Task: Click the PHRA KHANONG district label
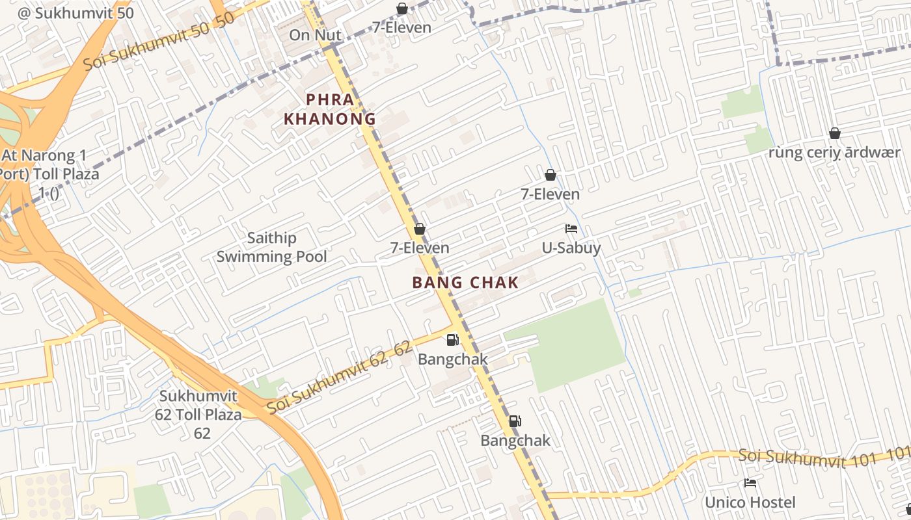click(x=330, y=109)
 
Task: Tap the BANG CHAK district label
click(x=465, y=283)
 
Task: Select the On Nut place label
click(x=315, y=35)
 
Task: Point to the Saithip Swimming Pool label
click(x=271, y=247)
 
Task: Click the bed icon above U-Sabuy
click(x=571, y=229)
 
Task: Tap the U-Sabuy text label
click(x=571, y=248)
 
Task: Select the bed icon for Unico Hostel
click(x=750, y=483)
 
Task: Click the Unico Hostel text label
click(x=750, y=502)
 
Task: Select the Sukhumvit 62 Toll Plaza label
click(x=200, y=414)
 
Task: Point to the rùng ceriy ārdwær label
click(x=834, y=153)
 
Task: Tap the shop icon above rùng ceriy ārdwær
click(x=834, y=134)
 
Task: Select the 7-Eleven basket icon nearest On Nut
click(x=402, y=9)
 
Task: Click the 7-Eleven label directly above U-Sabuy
click(x=550, y=194)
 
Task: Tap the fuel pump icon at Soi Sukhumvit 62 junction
click(x=452, y=340)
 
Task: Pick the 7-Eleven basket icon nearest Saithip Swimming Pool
click(x=420, y=229)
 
